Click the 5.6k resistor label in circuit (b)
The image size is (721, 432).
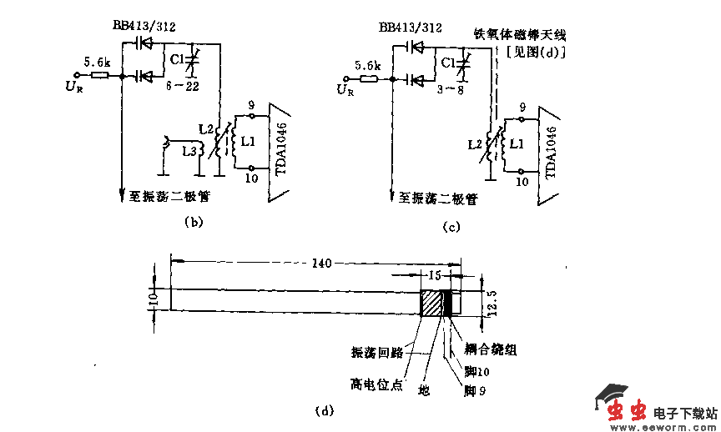pyautogui.click(x=96, y=62)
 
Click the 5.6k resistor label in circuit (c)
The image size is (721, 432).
pyautogui.click(x=367, y=65)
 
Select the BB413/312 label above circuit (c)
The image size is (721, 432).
pyautogui.click(x=410, y=28)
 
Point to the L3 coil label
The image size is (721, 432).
pyautogui.click(x=190, y=151)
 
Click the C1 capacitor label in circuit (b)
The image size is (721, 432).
pyautogui.click(x=177, y=59)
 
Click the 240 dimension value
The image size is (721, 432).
pyautogui.click(x=320, y=264)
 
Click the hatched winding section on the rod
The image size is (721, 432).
pyautogui.click(x=432, y=302)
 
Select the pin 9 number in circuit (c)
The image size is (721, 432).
pyautogui.click(x=522, y=107)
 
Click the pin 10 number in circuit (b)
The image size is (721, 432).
pyautogui.click(x=251, y=177)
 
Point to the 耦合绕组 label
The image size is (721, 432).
pyautogui.click(x=490, y=350)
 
